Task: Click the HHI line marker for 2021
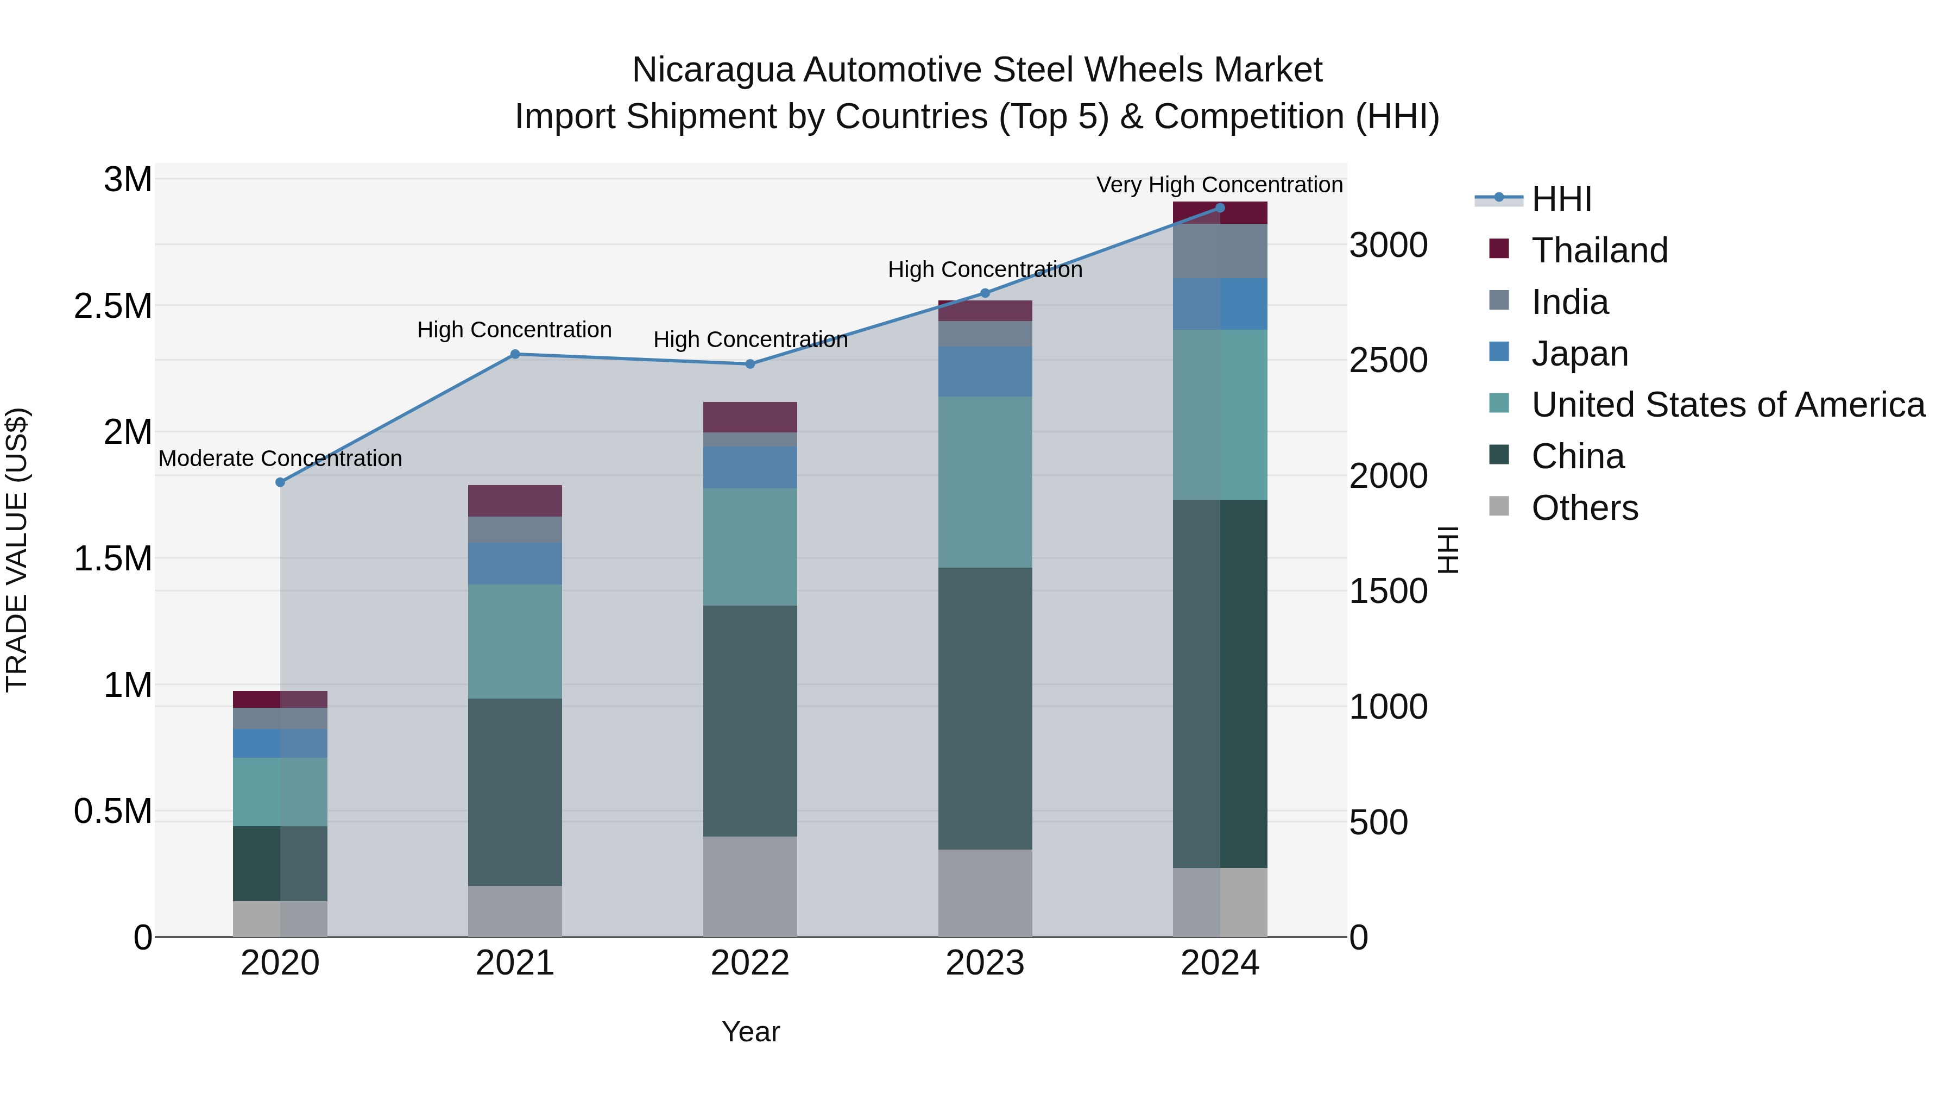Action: pos(515,354)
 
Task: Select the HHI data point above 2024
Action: pos(1220,208)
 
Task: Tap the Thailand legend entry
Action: pos(1599,250)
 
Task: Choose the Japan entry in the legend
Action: pos(1579,354)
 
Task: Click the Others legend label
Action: pos(1585,508)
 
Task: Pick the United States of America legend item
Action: pos(1727,405)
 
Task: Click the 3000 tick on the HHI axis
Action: pos(1388,245)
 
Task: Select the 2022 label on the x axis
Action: pos(750,963)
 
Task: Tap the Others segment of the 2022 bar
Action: pos(750,886)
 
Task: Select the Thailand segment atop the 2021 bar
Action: pos(515,500)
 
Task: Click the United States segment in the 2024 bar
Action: pos(1220,414)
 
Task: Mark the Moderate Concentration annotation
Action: pos(280,458)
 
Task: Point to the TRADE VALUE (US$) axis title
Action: pos(17,550)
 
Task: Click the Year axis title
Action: pos(750,1032)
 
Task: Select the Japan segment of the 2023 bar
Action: pos(985,371)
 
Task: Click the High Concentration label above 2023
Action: pos(985,269)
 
